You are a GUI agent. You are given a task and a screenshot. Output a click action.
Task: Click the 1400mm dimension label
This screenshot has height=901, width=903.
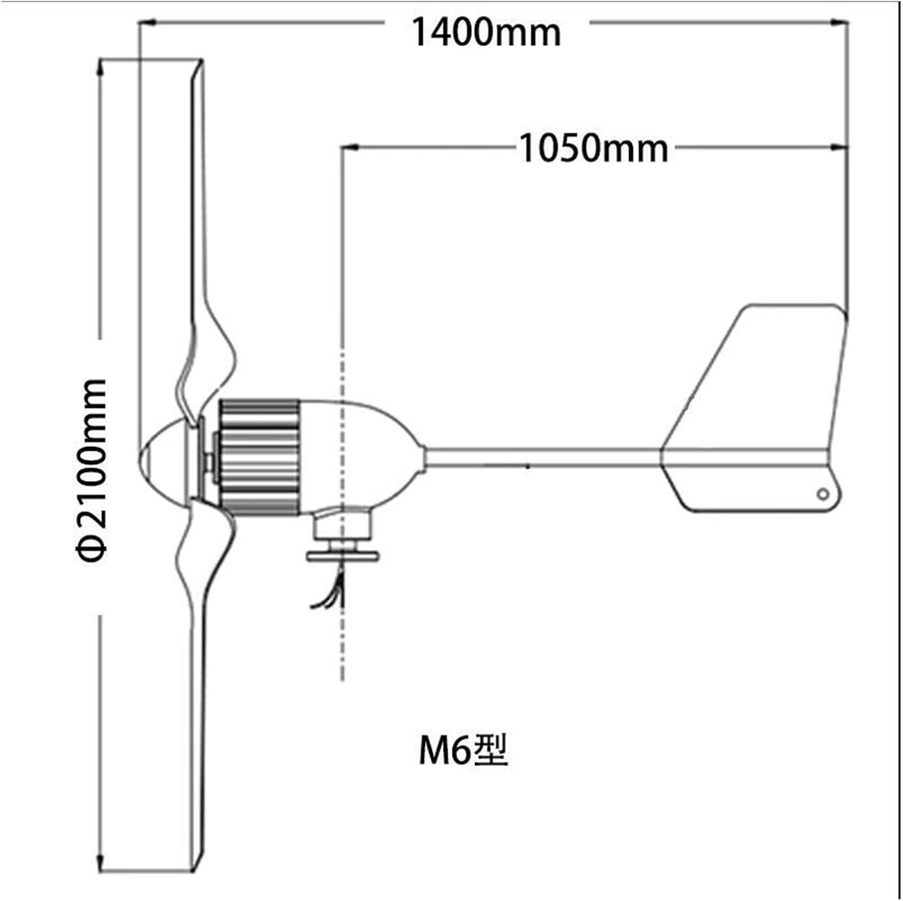486,32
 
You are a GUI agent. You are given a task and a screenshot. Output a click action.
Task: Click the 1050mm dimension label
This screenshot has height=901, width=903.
593,149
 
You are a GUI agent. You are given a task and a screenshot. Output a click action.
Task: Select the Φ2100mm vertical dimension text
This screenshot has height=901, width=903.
92,470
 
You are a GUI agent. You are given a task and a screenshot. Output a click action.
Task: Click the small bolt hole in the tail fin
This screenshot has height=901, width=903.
822,494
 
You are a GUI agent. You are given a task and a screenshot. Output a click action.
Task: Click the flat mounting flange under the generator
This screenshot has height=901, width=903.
343,556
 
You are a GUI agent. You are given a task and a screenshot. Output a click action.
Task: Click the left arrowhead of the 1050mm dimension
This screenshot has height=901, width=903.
349,147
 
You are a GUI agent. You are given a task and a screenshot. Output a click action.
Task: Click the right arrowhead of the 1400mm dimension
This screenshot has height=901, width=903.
840,23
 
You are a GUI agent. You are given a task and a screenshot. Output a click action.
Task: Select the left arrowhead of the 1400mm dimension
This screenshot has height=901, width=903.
147,23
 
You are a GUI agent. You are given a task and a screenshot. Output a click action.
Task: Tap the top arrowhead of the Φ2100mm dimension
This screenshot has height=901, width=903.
101,66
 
